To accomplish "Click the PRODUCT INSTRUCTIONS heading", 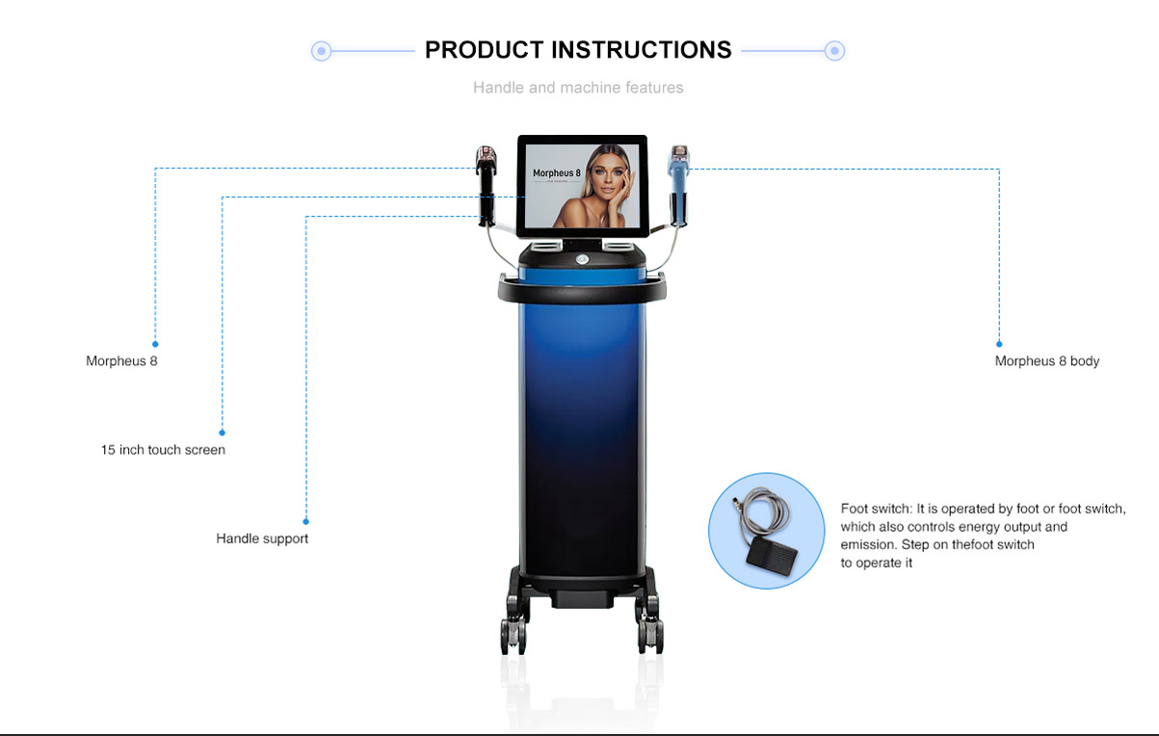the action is point(578,50).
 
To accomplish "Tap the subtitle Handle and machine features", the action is point(578,88).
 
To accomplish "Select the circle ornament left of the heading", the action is point(322,51).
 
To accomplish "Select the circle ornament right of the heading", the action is point(834,51).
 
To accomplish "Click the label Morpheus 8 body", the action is point(1046,361).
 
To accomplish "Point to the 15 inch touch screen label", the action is point(163,450).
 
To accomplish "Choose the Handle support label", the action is point(262,539).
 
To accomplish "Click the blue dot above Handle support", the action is point(305,521).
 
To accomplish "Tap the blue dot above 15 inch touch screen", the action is point(222,433).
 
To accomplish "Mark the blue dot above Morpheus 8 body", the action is point(999,344).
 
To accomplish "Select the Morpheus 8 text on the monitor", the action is point(557,173).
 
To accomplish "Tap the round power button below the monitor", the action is point(582,259).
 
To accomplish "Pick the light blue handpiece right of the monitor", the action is point(679,185).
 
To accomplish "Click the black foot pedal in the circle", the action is point(772,556).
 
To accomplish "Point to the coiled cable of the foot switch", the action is point(759,512).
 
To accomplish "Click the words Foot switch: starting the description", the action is point(876,509).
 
